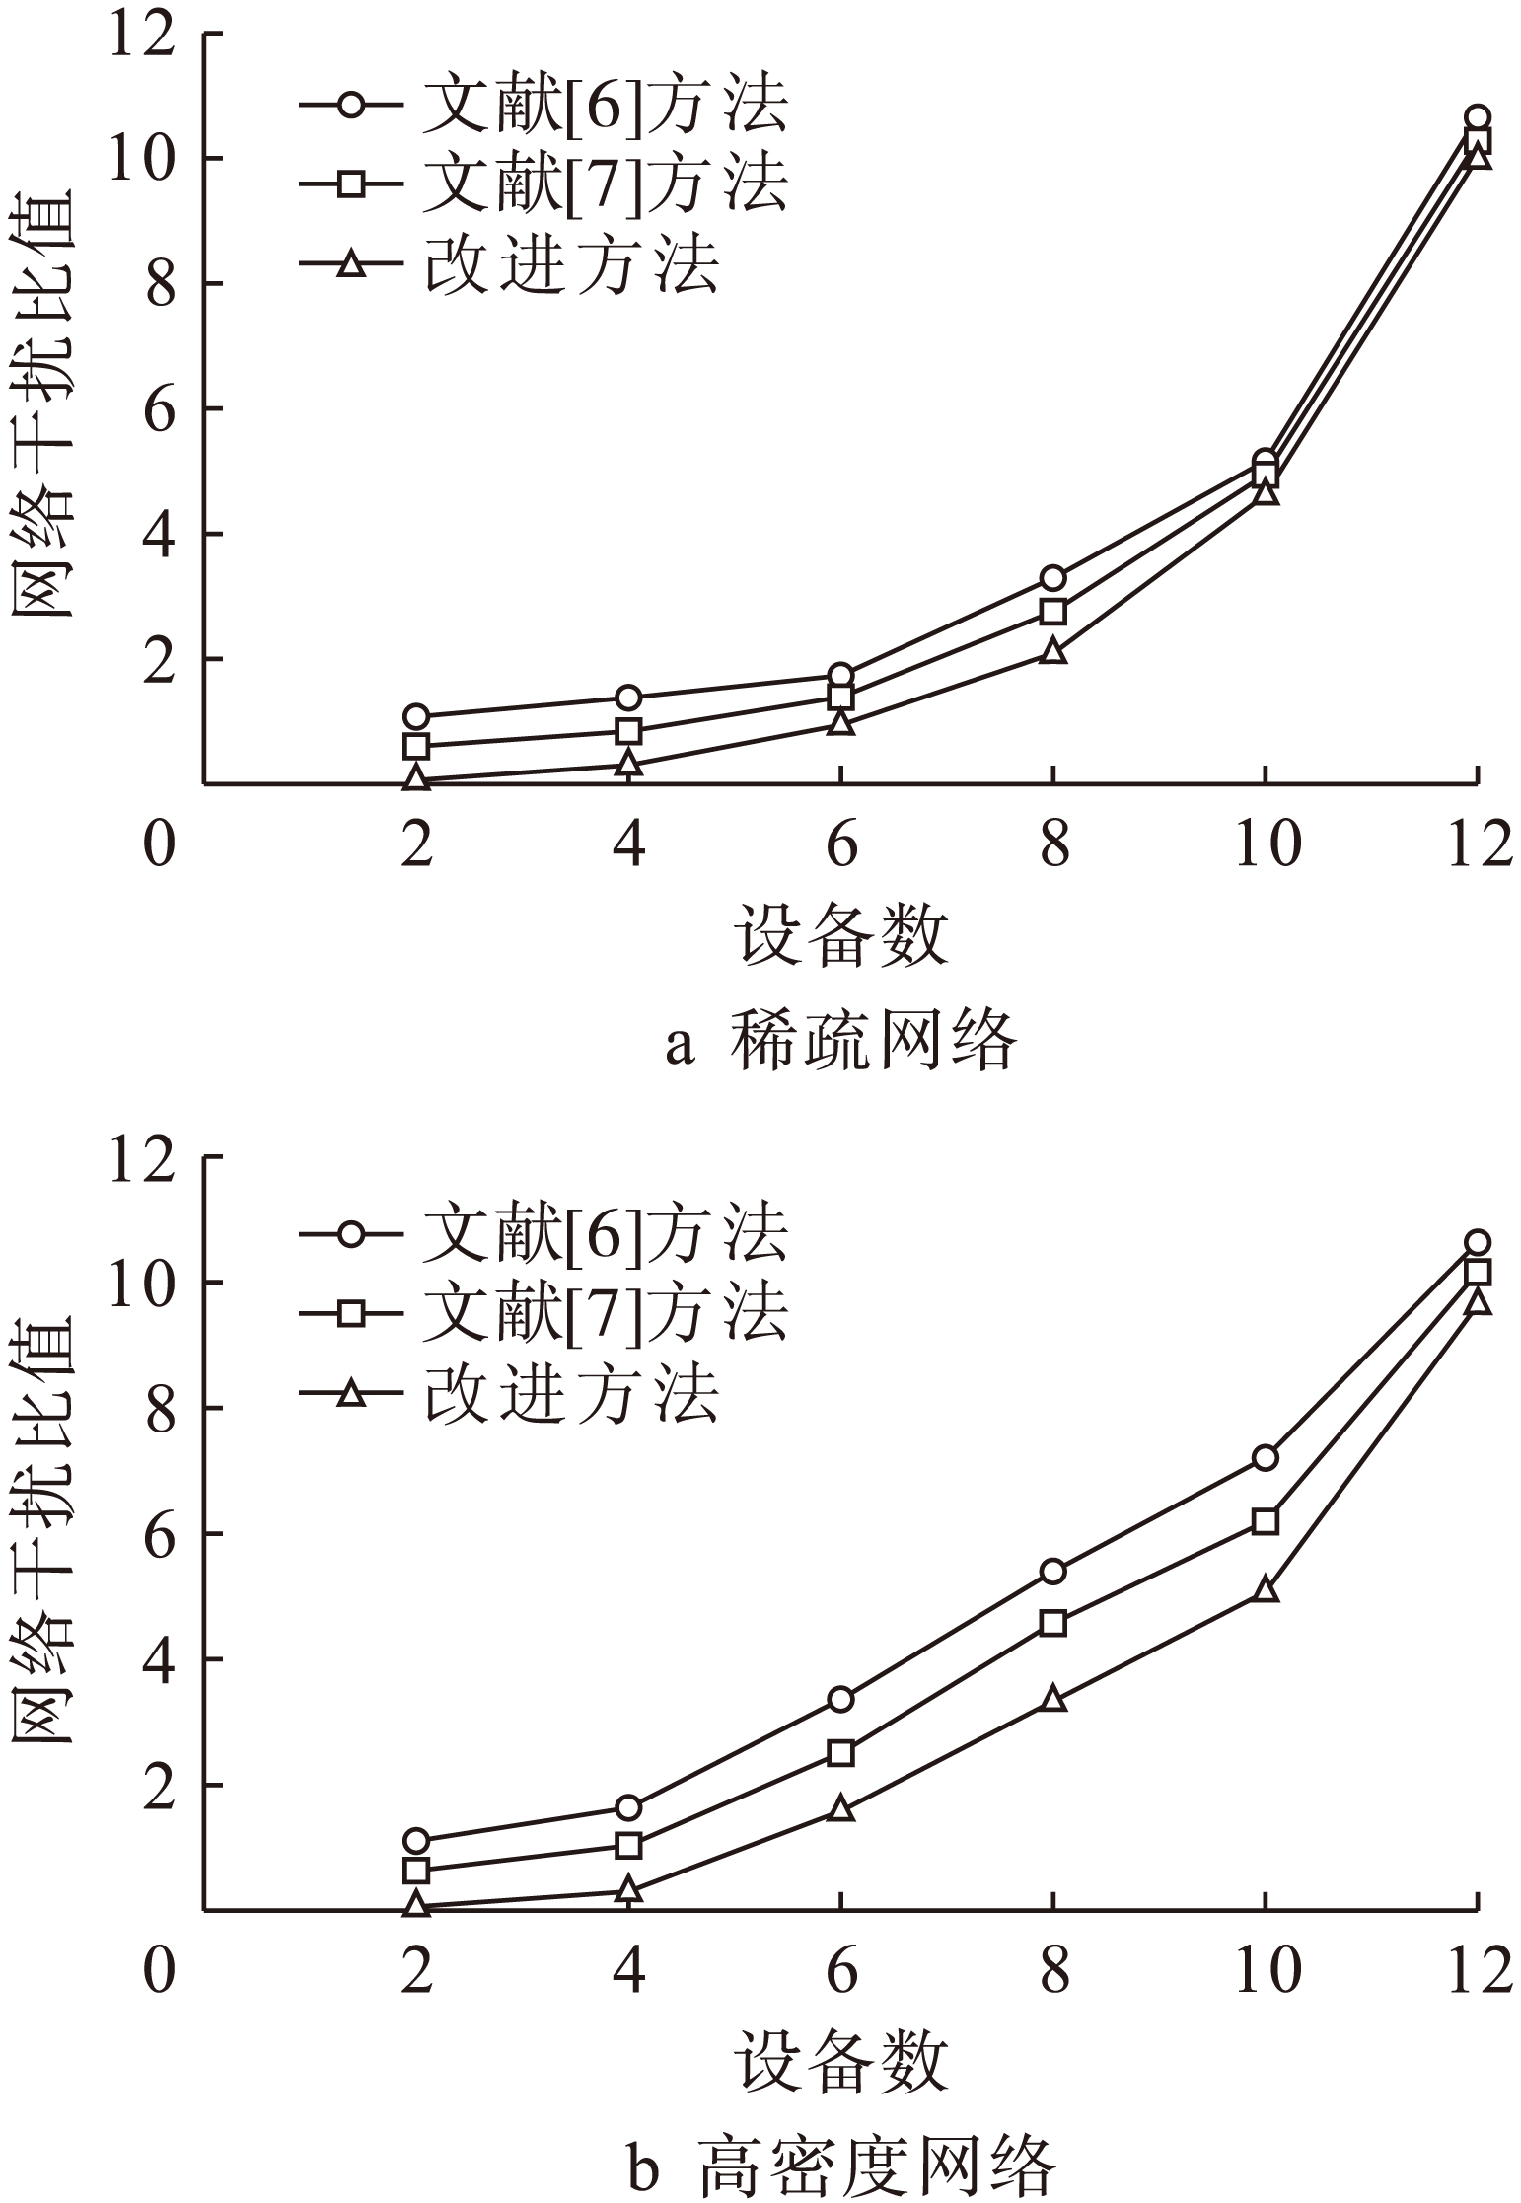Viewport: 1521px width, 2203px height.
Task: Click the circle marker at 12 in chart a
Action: click(x=1476, y=117)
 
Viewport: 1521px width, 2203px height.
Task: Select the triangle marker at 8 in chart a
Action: click(x=1052, y=651)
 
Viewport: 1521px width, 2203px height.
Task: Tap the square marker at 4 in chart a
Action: click(x=628, y=731)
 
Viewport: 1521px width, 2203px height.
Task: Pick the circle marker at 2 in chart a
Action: click(x=416, y=716)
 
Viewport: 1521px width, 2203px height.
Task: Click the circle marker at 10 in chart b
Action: click(x=1265, y=1457)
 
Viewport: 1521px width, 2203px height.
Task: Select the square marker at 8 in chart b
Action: click(x=1052, y=1623)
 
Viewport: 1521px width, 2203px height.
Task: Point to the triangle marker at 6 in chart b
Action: click(x=840, y=1808)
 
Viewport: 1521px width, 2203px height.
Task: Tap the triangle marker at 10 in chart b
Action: click(x=1265, y=1590)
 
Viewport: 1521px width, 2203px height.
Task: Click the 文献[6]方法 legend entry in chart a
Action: click(x=544, y=106)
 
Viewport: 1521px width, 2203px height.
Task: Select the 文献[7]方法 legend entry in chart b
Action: click(x=544, y=1312)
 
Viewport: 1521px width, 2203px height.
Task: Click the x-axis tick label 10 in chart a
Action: click(x=1267, y=846)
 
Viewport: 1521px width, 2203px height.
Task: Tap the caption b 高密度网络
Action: click(x=840, y=2166)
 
